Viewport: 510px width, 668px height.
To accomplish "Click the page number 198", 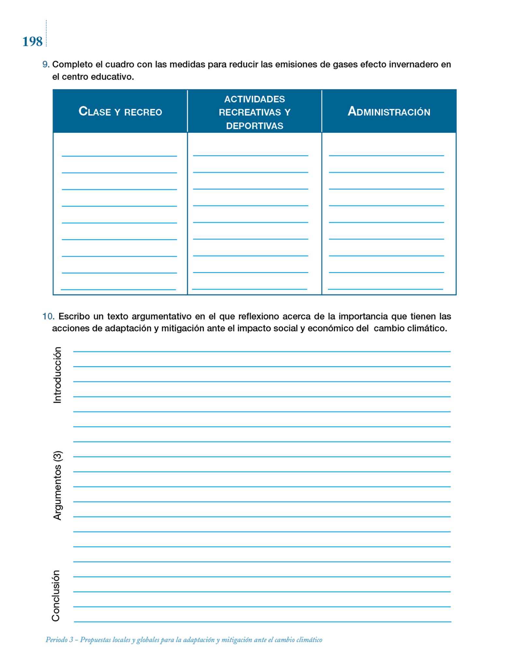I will tap(32, 42).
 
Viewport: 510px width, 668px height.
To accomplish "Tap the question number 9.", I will tap(46, 65).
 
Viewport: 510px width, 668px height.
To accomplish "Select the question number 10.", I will tap(48, 316).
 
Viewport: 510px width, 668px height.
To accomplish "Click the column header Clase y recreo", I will tap(120, 112).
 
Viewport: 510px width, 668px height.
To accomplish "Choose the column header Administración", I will tap(389, 112).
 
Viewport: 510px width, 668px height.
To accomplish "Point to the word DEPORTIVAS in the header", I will tap(255, 126).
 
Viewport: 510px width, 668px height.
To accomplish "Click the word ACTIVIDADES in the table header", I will tap(255, 99).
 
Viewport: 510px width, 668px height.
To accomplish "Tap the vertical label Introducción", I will tap(57, 375).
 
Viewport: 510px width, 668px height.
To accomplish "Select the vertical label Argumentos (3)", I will tap(57, 485).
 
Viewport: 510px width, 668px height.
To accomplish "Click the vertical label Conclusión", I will tap(56, 596).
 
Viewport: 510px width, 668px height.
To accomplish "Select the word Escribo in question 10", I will tap(74, 316).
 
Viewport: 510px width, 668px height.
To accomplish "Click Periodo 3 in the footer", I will tap(59, 640).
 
